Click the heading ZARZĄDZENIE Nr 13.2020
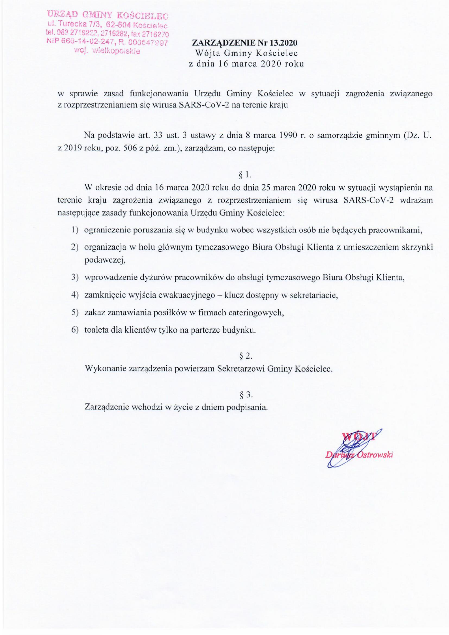(245, 43)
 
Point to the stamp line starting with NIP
(108, 43)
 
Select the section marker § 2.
(245, 357)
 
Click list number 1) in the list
(75, 230)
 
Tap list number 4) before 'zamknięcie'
(75, 295)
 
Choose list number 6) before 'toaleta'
(75, 330)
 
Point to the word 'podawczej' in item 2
(105, 261)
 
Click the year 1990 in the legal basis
(288, 136)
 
